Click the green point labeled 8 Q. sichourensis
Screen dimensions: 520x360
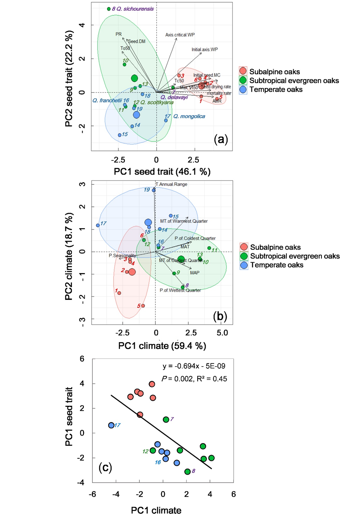pos(109,9)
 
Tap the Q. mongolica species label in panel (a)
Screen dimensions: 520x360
pos(189,116)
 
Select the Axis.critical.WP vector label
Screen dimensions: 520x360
pos(180,35)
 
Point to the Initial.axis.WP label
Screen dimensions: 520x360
pos(205,50)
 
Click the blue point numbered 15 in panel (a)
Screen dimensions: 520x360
pos(120,135)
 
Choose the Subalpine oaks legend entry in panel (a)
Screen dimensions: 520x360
pos(274,72)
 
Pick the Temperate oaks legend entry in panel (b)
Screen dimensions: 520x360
pos(276,265)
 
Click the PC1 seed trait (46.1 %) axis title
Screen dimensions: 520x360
pos(162,172)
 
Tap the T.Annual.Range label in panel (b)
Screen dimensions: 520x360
pos(171,184)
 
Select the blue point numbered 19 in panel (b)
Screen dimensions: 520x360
pos(154,190)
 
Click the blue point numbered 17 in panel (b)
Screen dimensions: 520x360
pos(98,225)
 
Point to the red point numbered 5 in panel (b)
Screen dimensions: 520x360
pos(143,306)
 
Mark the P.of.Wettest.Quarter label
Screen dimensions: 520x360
pos(180,290)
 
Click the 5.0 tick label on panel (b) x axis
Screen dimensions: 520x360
pos(222,333)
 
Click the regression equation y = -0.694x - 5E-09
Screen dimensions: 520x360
pos(194,366)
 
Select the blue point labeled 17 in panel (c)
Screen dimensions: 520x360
pos(111,425)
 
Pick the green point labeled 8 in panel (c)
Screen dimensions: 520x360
pos(187,472)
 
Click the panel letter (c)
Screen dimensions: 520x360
pos(105,467)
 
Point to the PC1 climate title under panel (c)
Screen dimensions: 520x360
pos(156,510)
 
